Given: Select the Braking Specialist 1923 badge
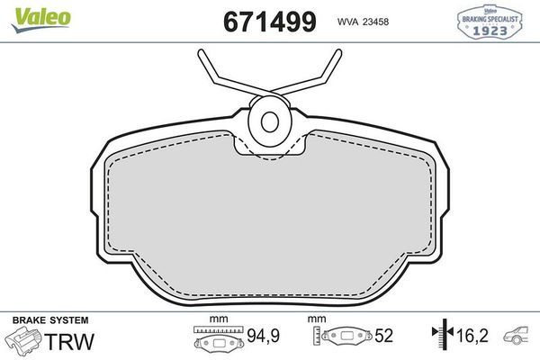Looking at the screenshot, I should coord(491,22).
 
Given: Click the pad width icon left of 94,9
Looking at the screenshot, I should coord(219,341).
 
